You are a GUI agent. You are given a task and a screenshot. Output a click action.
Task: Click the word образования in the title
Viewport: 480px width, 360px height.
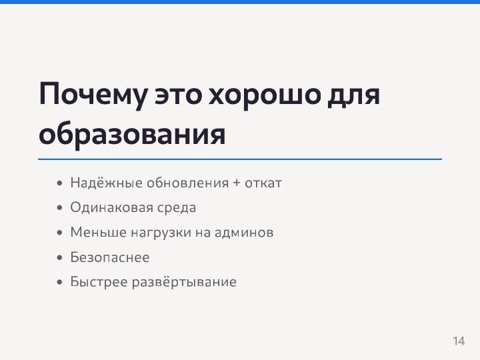pos(132,134)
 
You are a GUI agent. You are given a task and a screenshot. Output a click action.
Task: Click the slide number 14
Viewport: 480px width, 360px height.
pos(458,341)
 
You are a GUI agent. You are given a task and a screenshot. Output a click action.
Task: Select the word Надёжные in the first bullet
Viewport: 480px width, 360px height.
pos(97,183)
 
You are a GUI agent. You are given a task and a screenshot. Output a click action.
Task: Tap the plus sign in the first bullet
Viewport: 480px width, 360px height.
pos(237,183)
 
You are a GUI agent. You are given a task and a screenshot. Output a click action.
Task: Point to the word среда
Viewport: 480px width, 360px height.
pos(177,207)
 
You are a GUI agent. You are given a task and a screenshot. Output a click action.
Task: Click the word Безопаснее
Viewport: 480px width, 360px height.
pos(110,257)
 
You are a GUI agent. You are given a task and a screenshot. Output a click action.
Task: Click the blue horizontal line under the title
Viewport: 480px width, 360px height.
pos(240,159)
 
